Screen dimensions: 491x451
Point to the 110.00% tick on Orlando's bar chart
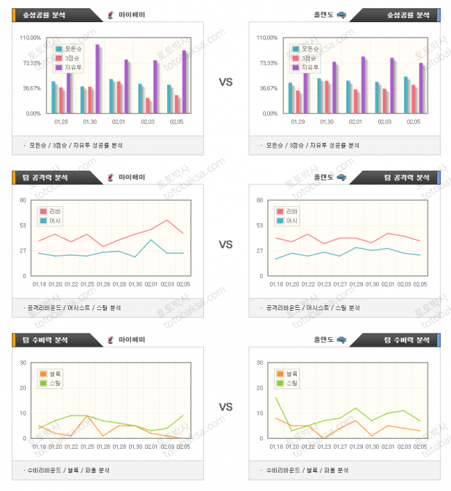[x=267, y=38]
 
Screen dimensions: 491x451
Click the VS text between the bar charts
[x=226, y=82]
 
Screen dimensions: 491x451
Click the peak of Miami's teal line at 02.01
[x=151, y=239]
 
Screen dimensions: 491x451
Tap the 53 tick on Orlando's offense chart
[x=260, y=225]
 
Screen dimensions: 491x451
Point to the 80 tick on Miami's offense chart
[x=23, y=200]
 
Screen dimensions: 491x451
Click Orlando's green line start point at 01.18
[x=276, y=397]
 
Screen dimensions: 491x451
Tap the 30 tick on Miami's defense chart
[x=23, y=363]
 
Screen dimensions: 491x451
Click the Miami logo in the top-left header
[x=111, y=15]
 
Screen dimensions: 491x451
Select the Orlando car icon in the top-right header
[x=341, y=15]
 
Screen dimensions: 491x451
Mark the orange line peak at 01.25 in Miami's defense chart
[x=87, y=416]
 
